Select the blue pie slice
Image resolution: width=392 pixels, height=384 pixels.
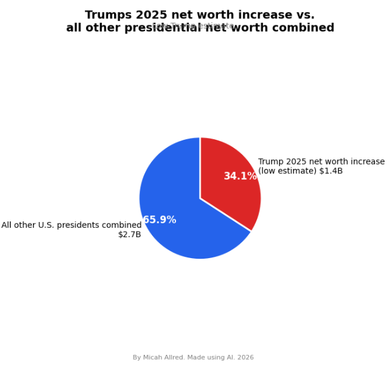pos(184,209)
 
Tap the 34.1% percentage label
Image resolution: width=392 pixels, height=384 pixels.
pos(240,177)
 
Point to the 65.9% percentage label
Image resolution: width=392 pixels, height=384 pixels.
pos(159,220)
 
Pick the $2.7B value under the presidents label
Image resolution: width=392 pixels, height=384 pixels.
pos(129,235)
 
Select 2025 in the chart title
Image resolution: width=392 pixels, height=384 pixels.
pos(155,15)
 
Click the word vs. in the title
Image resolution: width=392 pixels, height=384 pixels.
pos(303,15)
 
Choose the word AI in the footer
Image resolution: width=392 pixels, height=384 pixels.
pos(229,357)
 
